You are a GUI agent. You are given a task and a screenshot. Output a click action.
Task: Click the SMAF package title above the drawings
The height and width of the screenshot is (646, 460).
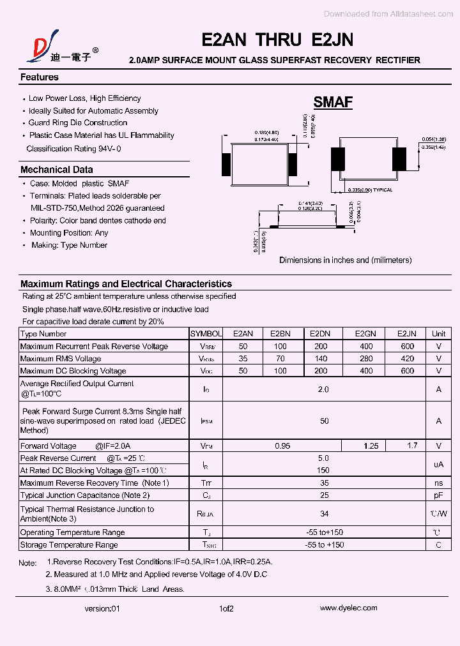[333, 102]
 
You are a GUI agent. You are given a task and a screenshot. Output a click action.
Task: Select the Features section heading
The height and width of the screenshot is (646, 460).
[40, 77]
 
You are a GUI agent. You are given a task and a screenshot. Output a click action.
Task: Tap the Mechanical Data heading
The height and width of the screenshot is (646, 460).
[57, 170]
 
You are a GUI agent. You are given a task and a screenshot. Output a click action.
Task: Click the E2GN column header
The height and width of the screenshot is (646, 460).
[365, 334]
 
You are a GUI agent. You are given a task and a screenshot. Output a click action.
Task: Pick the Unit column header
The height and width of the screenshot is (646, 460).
[438, 334]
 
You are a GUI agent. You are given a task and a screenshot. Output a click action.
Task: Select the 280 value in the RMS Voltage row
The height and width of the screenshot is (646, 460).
[365, 359]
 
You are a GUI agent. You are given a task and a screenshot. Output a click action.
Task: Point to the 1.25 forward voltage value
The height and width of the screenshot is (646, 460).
[371, 446]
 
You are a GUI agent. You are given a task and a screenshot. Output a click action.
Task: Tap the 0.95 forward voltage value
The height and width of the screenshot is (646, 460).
[282, 446]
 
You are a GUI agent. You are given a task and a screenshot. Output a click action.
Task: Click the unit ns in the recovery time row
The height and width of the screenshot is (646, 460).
[438, 483]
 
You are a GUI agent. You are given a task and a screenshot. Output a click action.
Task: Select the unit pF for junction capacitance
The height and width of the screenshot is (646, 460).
[438, 495]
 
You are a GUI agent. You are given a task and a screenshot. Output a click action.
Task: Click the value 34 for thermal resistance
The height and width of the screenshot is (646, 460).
[324, 514]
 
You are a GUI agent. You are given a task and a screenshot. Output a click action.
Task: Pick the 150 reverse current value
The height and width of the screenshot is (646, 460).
[324, 470]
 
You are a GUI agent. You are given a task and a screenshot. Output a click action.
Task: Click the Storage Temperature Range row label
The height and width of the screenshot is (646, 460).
[69, 545]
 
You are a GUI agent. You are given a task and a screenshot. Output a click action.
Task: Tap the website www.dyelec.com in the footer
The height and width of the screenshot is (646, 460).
[348, 608]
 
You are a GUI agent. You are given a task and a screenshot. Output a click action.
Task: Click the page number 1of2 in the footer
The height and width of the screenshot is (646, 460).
[226, 609]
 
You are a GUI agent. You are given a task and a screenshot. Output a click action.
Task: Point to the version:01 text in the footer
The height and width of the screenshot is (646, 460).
[102, 609]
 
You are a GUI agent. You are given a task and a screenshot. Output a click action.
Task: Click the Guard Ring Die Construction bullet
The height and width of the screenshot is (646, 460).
[77, 123]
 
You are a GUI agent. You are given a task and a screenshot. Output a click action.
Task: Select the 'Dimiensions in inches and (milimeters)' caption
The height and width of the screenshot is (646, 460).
[345, 260]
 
